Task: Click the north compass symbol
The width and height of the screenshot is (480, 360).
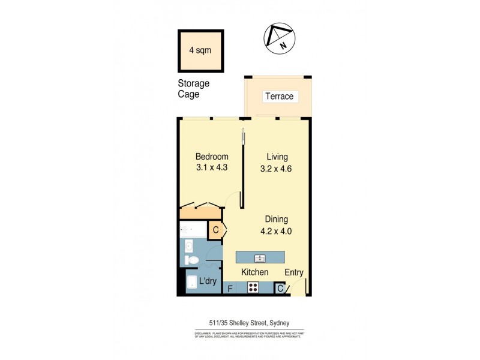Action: click(x=278, y=38)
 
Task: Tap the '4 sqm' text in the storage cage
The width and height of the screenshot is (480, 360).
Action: click(x=200, y=50)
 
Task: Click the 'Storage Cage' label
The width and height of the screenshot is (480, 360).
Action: click(x=193, y=89)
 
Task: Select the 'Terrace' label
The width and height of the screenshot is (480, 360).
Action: click(x=279, y=96)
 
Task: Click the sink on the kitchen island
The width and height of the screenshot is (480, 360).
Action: click(x=260, y=258)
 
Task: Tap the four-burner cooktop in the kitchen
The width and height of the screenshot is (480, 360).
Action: click(x=254, y=288)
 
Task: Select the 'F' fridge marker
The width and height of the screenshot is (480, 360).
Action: click(x=229, y=289)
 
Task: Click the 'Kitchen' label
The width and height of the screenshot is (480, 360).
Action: click(x=254, y=272)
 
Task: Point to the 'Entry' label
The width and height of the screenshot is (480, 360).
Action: click(x=294, y=272)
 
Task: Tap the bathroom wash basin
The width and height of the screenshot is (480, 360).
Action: click(x=188, y=246)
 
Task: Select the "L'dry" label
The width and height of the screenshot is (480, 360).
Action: click(x=208, y=281)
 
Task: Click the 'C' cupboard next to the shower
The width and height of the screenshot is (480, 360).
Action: click(x=215, y=229)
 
